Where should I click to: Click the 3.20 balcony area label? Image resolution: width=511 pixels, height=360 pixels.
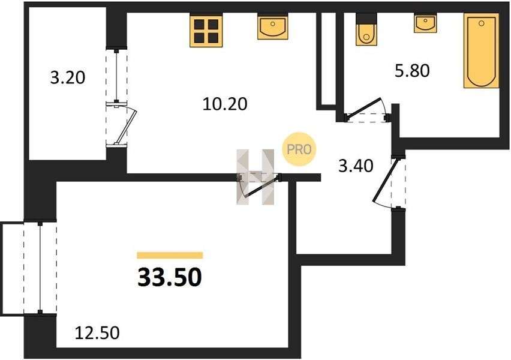coord(68,77)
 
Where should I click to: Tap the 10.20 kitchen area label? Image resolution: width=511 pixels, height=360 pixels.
coord(225,104)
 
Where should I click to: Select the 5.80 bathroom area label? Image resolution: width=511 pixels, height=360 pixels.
coord(412,70)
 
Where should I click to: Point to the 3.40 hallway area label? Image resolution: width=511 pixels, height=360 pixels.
coord(356,166)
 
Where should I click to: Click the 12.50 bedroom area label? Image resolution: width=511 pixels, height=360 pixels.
coord(97,333)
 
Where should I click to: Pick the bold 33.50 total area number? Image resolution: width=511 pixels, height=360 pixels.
coord(170,277)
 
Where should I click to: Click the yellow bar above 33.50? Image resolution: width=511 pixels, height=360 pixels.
coord(170,255)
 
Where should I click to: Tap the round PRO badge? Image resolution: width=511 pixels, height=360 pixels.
coord(299,149)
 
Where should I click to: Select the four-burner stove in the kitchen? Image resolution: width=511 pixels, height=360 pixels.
coord(206,31)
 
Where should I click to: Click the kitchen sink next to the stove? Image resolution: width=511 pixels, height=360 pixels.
coord(272,27)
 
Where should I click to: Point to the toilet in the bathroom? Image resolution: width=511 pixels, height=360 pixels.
coord(366,29)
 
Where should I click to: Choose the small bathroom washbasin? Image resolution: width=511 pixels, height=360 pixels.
coord(425,23)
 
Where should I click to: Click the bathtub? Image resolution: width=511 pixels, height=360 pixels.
coord(482,50)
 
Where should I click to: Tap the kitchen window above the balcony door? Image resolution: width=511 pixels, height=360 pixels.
coord(116,76)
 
